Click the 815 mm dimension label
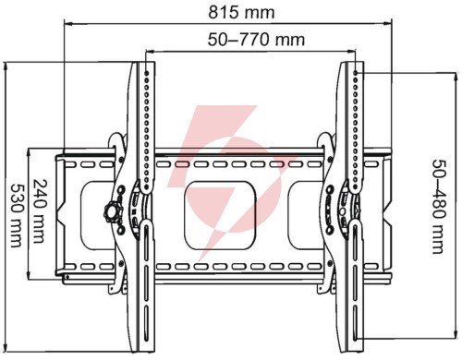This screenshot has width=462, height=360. point(241,13)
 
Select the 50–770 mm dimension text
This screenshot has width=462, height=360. point(256,40)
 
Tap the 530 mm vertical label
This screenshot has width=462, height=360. point(17,216)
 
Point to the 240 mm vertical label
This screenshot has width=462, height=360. point(41,211)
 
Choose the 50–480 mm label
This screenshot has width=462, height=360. point(438,207)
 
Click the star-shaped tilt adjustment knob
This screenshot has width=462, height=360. point(113,212)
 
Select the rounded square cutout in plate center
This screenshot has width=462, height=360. point(220,215)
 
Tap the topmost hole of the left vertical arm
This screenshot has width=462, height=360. point(147,74)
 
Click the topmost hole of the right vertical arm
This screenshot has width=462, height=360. point(356,73)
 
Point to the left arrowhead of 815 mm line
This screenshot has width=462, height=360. point(67,23)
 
